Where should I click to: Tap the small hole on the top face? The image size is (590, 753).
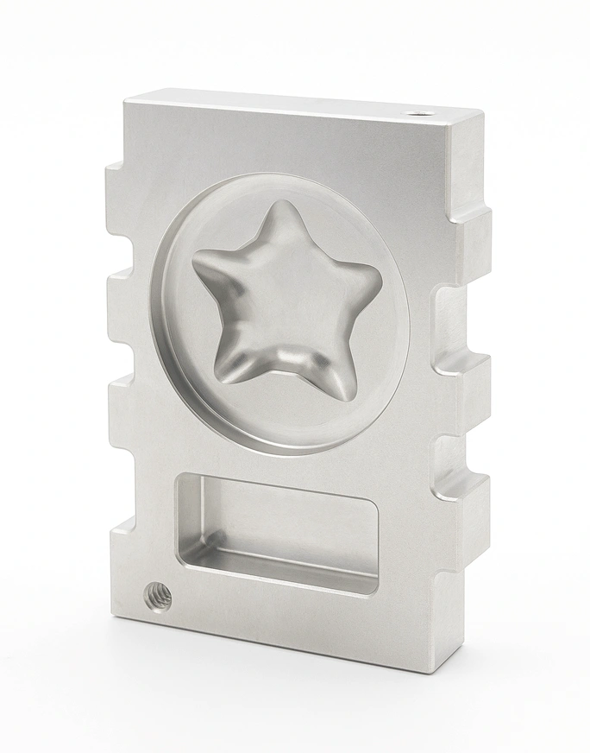pos(419,113)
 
